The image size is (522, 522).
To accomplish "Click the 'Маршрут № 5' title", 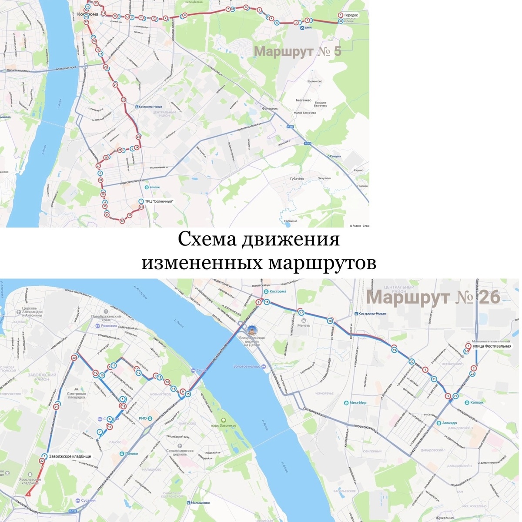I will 298,51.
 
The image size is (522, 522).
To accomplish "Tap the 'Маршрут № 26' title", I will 433,298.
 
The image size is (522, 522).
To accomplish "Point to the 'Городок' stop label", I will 351,15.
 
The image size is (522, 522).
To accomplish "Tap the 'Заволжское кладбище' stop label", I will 70,456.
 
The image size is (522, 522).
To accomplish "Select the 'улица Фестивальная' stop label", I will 492,346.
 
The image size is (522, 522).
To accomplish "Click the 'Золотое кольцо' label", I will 248,366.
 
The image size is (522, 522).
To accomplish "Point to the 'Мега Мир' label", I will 358,403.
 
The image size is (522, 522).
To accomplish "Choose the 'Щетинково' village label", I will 315,81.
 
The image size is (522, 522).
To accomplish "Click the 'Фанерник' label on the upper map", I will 270,108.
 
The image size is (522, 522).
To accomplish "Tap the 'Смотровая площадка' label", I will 76,396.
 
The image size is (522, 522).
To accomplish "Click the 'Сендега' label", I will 335,156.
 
